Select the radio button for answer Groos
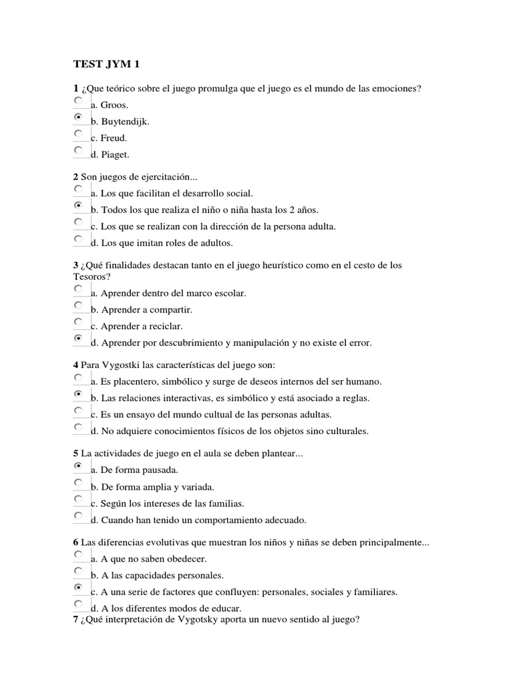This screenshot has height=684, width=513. [78, 100]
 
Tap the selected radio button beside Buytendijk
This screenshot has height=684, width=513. [78, 117]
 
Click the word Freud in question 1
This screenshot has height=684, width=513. [114, 138]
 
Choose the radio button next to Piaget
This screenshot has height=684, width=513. [78, 150]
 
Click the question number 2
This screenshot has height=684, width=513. [75, 177]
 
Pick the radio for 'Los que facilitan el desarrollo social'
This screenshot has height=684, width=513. [78, 189]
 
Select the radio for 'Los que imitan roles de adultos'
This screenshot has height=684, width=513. [78, 238]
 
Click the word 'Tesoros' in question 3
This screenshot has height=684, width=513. [89, 277]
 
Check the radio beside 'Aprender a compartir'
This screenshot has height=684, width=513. [78, 305]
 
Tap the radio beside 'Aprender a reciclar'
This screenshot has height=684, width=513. [78, 322]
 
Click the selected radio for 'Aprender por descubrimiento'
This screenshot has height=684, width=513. [78, 339]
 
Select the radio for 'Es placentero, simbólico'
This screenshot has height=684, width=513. [78, 377]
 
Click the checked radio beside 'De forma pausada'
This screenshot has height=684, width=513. [78, 466]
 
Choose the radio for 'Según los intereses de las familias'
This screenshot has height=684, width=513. [78, 499]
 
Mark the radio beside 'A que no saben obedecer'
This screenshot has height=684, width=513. [78, 554]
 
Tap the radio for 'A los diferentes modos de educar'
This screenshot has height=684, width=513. [78, 604]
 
